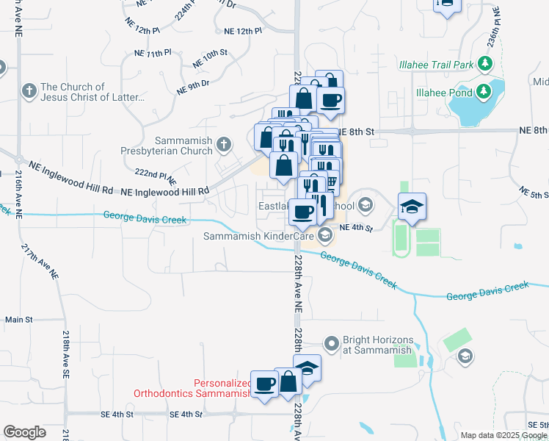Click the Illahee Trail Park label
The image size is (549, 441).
(436, 64)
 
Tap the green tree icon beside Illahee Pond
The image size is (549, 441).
(484, 92)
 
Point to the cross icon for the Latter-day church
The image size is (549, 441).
(29, 92)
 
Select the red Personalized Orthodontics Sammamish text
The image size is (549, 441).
(192, 388)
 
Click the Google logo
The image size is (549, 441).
(24, 432)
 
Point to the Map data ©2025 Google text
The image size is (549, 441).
(503, 435)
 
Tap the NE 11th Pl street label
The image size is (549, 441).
(152, 54)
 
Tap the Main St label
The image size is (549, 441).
(19, 320)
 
